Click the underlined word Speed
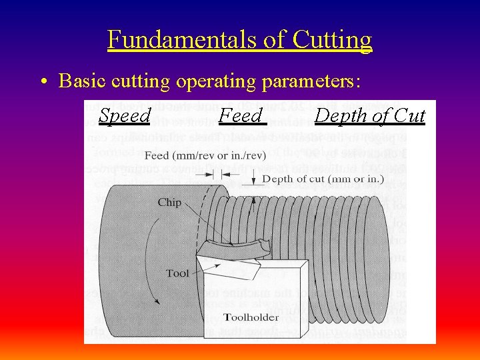pos(125,116)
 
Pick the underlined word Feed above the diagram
pos(241,116)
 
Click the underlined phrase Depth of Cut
pos(369,116)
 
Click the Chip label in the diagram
pos(169,202)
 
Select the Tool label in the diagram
pos(177,273)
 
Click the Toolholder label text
pos(251,317)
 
